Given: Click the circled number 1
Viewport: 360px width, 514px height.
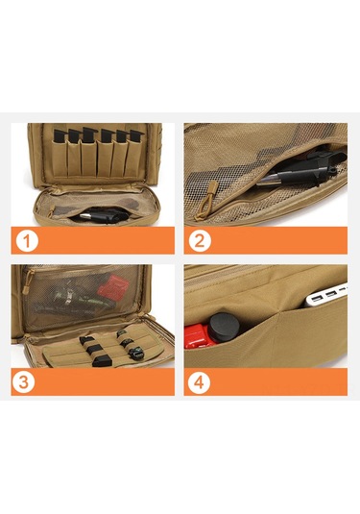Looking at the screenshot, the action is (27, 240).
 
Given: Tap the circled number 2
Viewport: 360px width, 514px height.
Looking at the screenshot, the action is (200, 240).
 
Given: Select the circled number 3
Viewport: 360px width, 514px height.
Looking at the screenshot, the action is (24, 381).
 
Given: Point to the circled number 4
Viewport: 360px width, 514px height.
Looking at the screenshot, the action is (199, 381).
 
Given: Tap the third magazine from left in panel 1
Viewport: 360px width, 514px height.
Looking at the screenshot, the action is (89, 135).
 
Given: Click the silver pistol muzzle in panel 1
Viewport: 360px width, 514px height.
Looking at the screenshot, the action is (86, 216).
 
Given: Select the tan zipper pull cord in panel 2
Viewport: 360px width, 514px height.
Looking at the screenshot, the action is (204, 200).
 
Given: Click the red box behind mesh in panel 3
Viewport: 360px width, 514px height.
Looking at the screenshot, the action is (113, 287).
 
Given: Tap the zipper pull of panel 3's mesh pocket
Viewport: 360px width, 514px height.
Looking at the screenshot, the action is (27, 281).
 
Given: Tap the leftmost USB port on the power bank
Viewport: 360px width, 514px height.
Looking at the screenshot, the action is (317, 298).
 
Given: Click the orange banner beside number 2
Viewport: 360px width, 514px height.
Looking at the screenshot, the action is (266, 240).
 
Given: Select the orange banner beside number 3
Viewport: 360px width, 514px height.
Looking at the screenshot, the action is (93, 381).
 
